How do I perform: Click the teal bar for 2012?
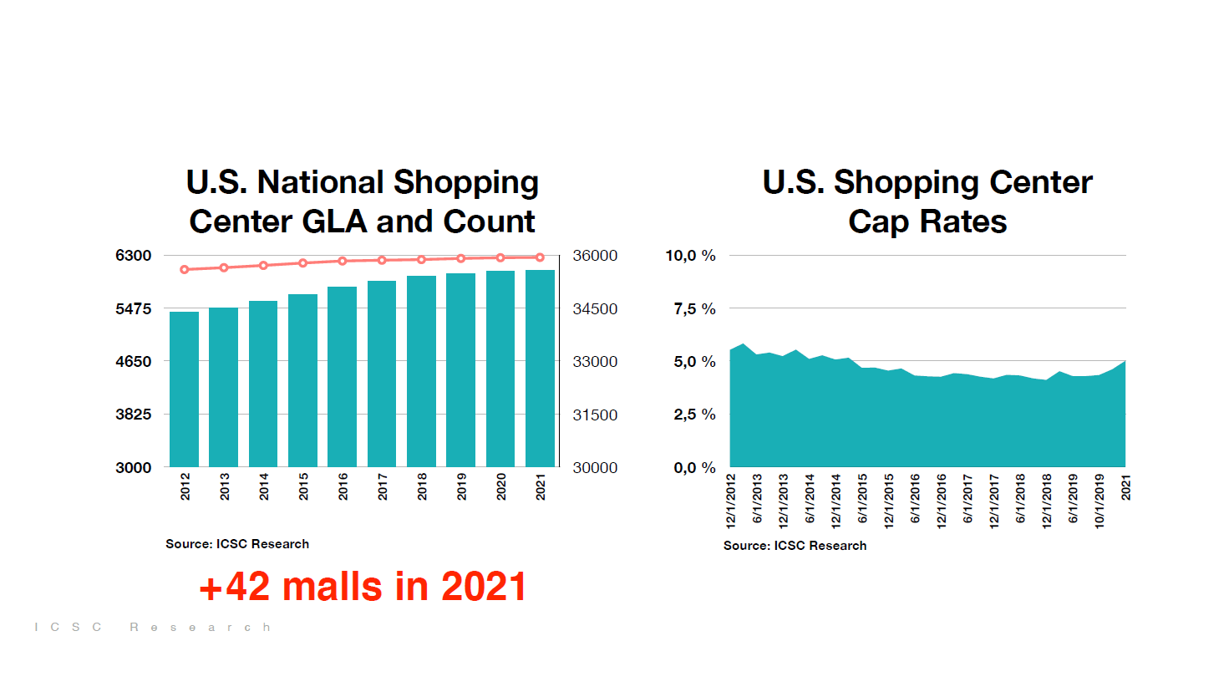[184, 389]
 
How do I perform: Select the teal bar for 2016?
[342, 376]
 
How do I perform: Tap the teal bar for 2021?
[540, 368]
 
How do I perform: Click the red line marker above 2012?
[185, 269]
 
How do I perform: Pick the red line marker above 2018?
[422, 260]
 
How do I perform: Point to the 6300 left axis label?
[134, 256]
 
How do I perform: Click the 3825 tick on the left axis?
[134, 415]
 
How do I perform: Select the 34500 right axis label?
[595, 309]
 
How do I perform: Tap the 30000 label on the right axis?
[595, 468]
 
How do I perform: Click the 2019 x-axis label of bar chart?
[462, 486]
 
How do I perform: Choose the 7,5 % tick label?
[694, 309]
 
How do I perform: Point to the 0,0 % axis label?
[694, 468]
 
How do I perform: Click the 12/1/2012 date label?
[731, 501]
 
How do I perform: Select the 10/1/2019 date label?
[1100, 501]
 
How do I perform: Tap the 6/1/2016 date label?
[915, 499]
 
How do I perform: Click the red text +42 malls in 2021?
[363, 587]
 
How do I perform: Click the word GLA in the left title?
[334, 221]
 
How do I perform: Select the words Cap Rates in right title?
[927, 221]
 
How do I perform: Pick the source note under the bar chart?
[237, 544]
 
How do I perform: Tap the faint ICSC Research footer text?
[152, 627]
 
